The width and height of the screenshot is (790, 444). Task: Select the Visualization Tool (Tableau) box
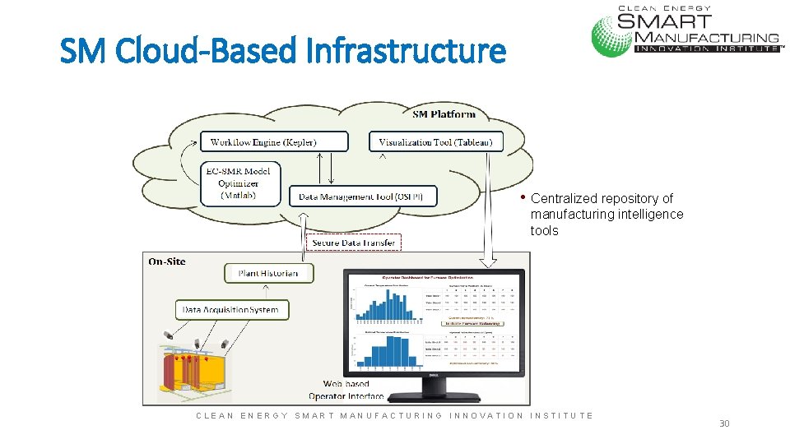[435, 142]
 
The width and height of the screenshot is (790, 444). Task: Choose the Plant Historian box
[268, 273]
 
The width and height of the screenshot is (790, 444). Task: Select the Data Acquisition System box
[231, 310]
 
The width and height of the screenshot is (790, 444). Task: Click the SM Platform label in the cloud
[443, 113]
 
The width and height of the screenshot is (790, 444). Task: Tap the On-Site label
[167, 261]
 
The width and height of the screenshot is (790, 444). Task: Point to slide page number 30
[724, 423]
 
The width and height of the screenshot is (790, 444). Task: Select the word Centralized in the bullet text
[565, 198]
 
